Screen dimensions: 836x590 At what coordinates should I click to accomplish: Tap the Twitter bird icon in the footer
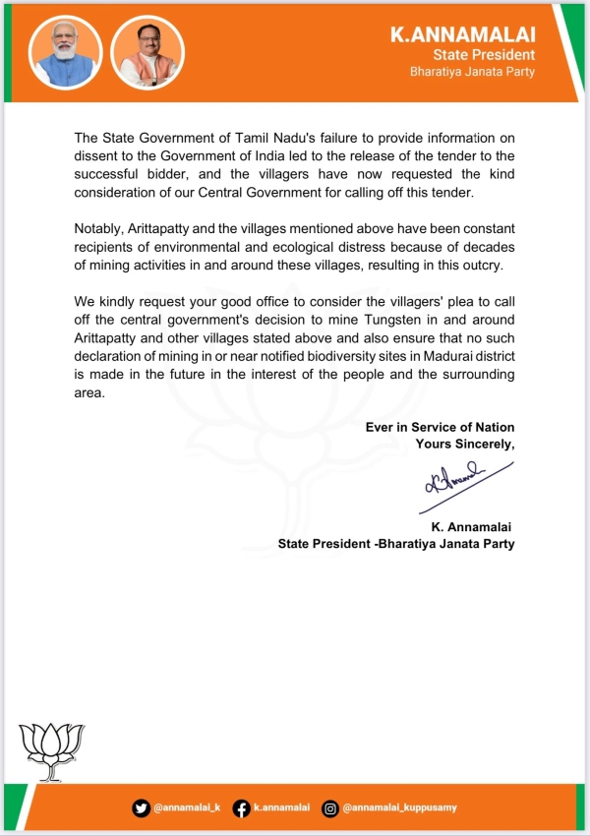tap(142, 807)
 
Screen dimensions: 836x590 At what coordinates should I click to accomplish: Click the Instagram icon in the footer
tap(331, 807)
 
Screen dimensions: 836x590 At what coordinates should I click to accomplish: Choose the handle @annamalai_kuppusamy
tap(399, 807)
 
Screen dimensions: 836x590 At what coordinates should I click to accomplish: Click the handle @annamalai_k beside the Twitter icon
tap(187, 807)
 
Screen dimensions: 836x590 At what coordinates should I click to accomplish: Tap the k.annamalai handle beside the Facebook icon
tap(281, 807)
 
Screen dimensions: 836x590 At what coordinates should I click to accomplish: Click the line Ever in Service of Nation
tap(440, 427)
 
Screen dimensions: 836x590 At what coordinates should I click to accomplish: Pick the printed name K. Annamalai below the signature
tap(466, 527)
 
